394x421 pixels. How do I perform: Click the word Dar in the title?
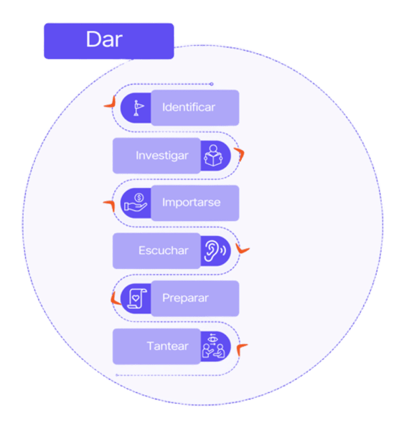[104, 39]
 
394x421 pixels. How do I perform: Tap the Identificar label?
[189, 108]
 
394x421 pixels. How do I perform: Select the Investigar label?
[162, 156]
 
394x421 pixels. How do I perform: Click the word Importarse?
[192, 202]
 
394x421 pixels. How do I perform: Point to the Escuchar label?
[164, 250]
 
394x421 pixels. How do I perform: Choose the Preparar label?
[185, 298]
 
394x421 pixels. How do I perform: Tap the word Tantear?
[167, 346]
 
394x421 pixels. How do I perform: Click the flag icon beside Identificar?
[139, 108]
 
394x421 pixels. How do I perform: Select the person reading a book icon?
[213, 156]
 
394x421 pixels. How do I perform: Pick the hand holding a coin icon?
[136, 203]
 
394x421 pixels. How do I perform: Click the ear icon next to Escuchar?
[215, 251]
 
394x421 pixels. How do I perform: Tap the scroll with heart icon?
[137, 298]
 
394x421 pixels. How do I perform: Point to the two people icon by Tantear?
[213, 346]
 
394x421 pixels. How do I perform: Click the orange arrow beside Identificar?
[111, 103]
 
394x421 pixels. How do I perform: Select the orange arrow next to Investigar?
[240, 153]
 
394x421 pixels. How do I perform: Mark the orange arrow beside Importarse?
[111, 204]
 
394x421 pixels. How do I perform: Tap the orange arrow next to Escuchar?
[241, 250]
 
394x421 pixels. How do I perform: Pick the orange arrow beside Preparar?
[115, 299]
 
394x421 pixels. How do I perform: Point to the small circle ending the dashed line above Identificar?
[212, 84]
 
